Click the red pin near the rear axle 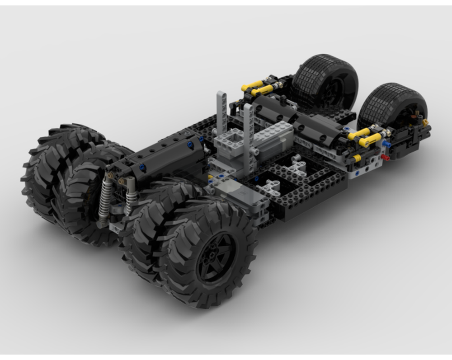click(385, 157)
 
